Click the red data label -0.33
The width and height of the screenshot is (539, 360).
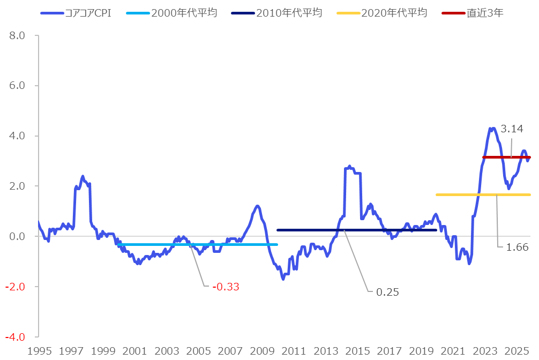coord(226,287)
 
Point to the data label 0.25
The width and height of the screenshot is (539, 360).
coord(387,292)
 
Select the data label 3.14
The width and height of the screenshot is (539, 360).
coord(512,129)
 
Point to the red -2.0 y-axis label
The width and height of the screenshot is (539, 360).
coord(16,287)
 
